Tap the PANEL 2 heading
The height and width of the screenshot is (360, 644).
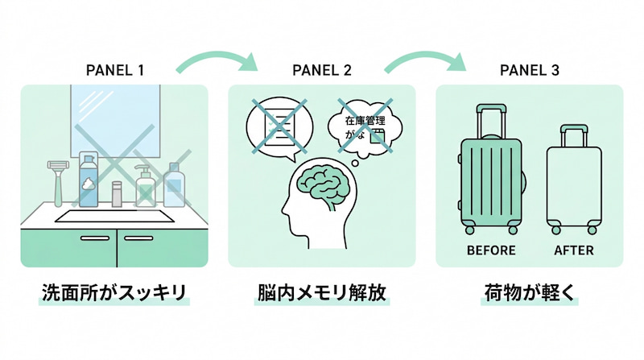click(321, 70)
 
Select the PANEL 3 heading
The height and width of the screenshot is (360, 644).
click(529, 70)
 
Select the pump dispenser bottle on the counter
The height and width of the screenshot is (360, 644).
click(145, 186)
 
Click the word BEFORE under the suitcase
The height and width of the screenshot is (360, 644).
click(489, 250)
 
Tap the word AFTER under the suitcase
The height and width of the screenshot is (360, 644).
click(574, 250)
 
